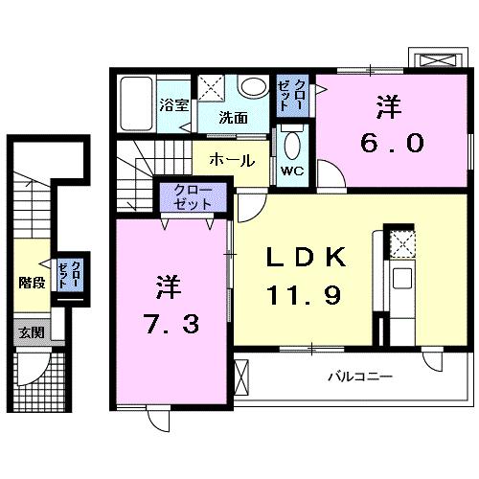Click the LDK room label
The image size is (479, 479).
pyautogui.click(x=304, y=257)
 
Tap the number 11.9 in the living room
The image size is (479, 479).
pyautogui.click(x=305, y=291)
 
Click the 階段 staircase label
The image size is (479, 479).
pyautogui.click(x=32, y=282)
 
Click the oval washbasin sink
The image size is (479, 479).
pyautogui.click(x=253, y=88)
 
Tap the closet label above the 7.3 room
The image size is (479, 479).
pyautogui.click(x=194, y=199)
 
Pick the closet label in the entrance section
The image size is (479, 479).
pyautogui.click(x=70, y=274)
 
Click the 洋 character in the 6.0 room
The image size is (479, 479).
pyautogui.click(x=388, y=105)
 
